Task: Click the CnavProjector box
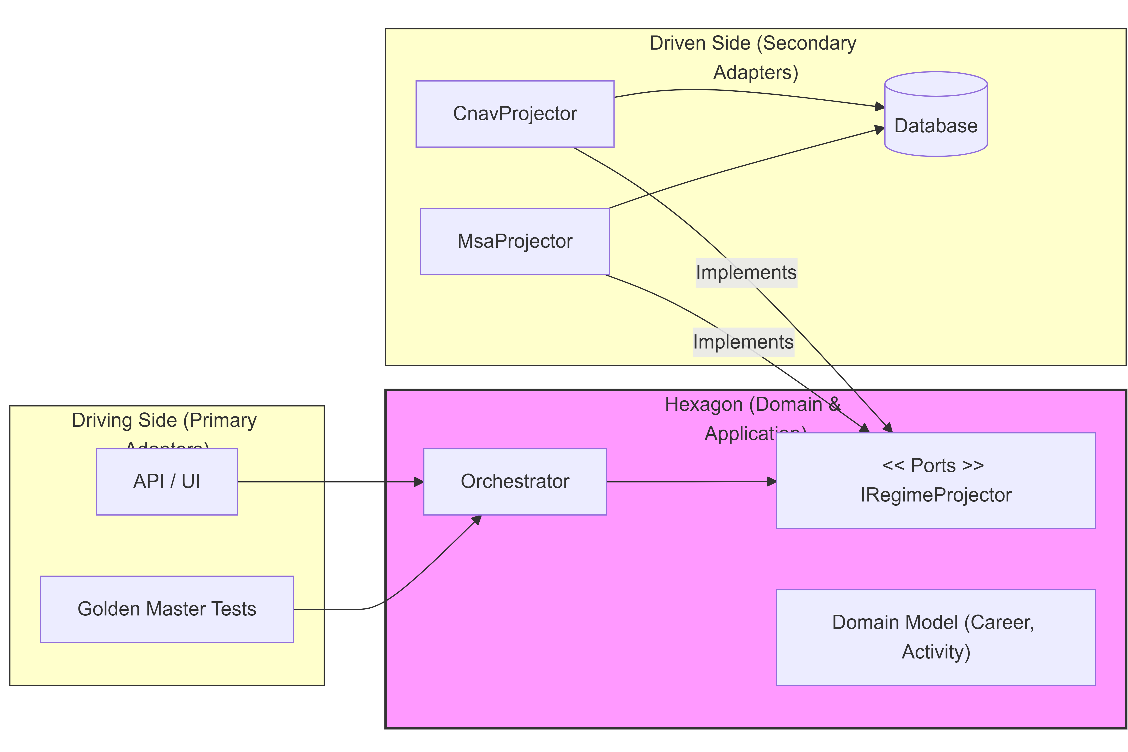[x=515, y=114]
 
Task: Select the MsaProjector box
[x=515, y=241]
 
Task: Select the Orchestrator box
[x=515, y=482]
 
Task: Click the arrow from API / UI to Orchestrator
[x=331, y=482]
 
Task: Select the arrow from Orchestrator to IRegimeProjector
[x=691, y=482]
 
